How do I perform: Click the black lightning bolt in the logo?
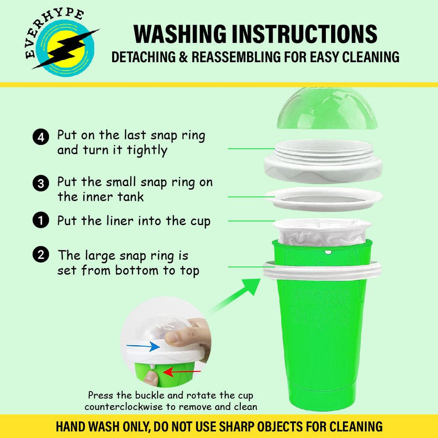click(x=66, y=49)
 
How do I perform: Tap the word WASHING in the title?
click(x=180, y=34)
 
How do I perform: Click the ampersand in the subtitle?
click(x=183, y=57)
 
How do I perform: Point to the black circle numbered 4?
click(x=41, y=137)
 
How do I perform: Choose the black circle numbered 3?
click(x=41, y=183)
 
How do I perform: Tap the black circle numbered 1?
click(x=41, y=220)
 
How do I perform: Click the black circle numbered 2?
click(x=41, y=255)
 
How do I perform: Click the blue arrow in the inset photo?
click(x=143, y=346)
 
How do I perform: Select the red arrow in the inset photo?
click(x=182, y=372)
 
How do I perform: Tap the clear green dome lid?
click(x=327, y=108)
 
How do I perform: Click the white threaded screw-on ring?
click(x=323, y=161)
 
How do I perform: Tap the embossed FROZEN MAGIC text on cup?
click(x=321, y=307)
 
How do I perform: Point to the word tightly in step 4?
click(x=147, y=151)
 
